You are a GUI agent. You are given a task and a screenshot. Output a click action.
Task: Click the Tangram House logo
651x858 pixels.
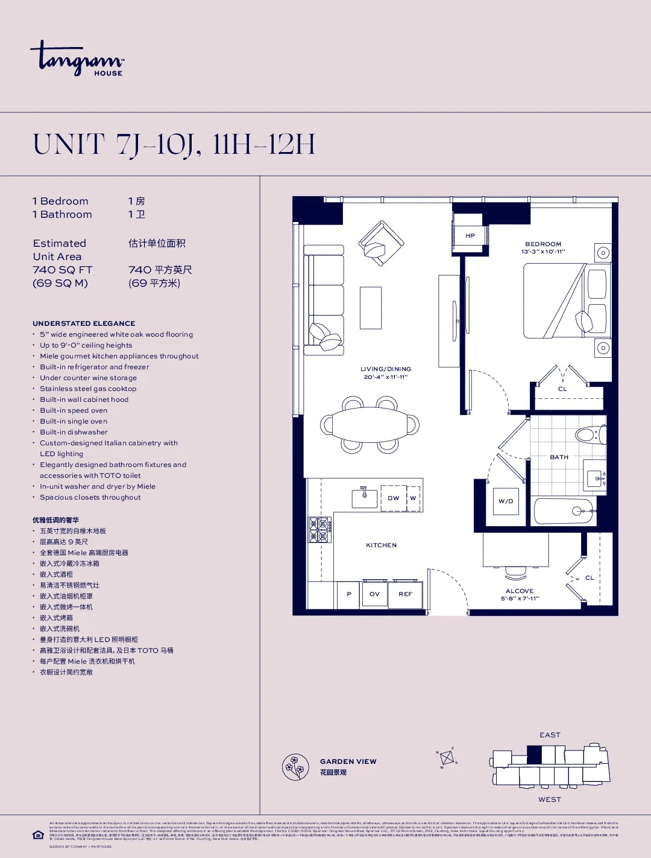(77, 59)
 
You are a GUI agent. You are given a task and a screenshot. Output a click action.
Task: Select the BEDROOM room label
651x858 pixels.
(542, 244)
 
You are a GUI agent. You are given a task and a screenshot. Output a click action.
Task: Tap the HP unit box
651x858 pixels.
(470, 235)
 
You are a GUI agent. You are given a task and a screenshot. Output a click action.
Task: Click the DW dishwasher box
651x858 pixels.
(394, 498)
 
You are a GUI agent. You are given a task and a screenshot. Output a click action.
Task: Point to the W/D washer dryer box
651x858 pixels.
(506, 501)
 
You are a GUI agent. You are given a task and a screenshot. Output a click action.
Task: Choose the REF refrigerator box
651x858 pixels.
(405, 594)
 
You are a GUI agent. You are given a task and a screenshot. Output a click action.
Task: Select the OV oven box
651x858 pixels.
(374, 594)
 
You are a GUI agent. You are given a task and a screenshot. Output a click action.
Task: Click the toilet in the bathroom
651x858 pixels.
(588, 434)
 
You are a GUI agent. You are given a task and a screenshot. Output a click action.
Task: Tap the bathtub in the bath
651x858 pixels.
(564, 511)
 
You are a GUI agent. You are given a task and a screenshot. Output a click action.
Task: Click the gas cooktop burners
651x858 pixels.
(320, 530)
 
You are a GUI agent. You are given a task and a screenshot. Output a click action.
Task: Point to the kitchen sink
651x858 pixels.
(364, 498)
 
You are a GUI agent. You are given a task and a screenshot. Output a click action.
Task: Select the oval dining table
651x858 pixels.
(370, 425)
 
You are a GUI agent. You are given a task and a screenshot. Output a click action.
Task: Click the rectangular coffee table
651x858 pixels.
(371, 308)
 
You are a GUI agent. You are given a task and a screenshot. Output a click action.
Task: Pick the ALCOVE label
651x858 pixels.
(520, 591)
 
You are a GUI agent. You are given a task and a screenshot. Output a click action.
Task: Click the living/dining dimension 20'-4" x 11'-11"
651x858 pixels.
(386, 377)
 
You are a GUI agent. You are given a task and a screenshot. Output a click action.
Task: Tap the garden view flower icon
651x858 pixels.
(295, 767)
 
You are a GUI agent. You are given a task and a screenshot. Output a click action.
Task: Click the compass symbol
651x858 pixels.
(447, 758)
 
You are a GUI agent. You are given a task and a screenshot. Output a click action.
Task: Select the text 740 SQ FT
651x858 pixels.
(62, 270)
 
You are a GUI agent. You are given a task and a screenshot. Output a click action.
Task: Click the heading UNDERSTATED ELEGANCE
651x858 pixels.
(84, 323)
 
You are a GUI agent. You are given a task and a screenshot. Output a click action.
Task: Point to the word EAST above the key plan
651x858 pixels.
(550, 735)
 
